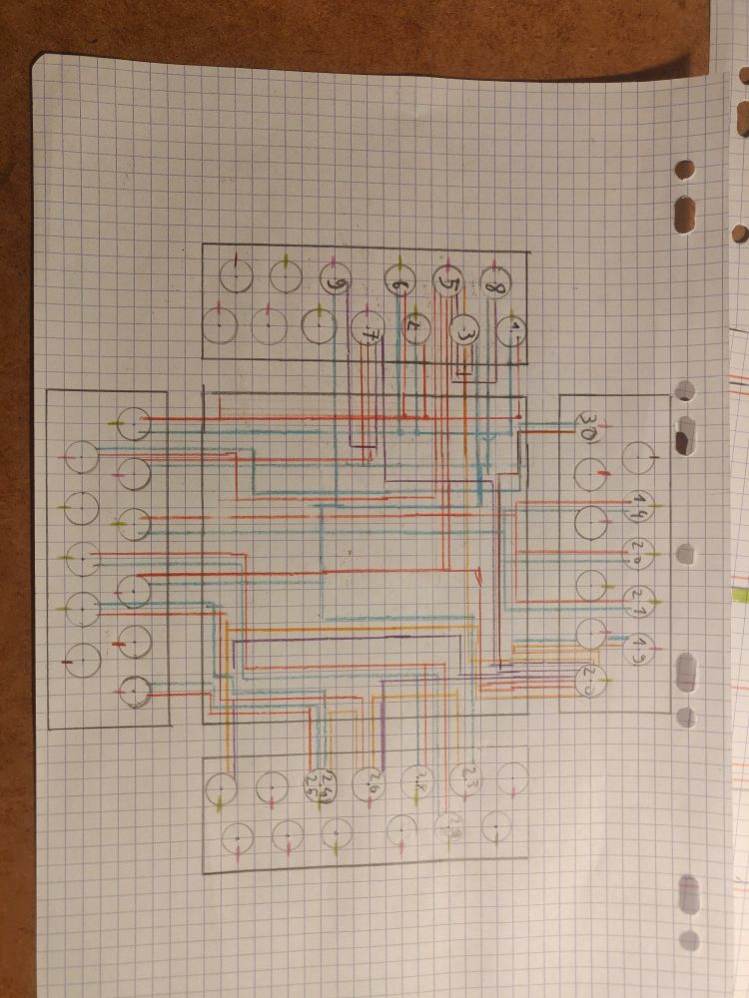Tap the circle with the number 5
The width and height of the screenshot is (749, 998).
[x=448, y=286]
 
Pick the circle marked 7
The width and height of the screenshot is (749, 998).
[x=368, y=328]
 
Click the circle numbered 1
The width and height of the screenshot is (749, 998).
[x=512, y=332]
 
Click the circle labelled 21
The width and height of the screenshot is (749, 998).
[x=637, y=597]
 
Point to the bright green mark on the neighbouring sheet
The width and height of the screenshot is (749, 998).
[x=740, y=595]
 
